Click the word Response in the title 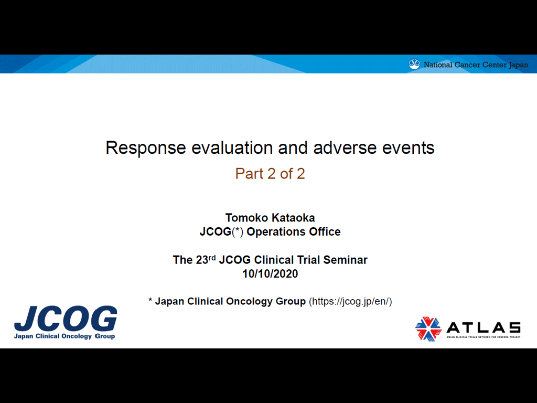click(146, 149)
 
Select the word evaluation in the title click(232, 147)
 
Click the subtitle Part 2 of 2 click(270, 174)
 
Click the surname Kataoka click(292, 218)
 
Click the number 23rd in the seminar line click(206, 259)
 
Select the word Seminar click(345, 260)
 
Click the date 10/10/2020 click(270, 274)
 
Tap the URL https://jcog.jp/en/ click(350, 302)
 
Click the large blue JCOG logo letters click(66, 319)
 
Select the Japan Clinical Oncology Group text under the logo click(65, 336)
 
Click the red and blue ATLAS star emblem click(428, 328)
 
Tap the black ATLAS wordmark click(484, 328)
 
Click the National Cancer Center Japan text click(476, 65)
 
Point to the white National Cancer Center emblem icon click(414, 64)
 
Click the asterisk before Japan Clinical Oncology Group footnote click(150, 300)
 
